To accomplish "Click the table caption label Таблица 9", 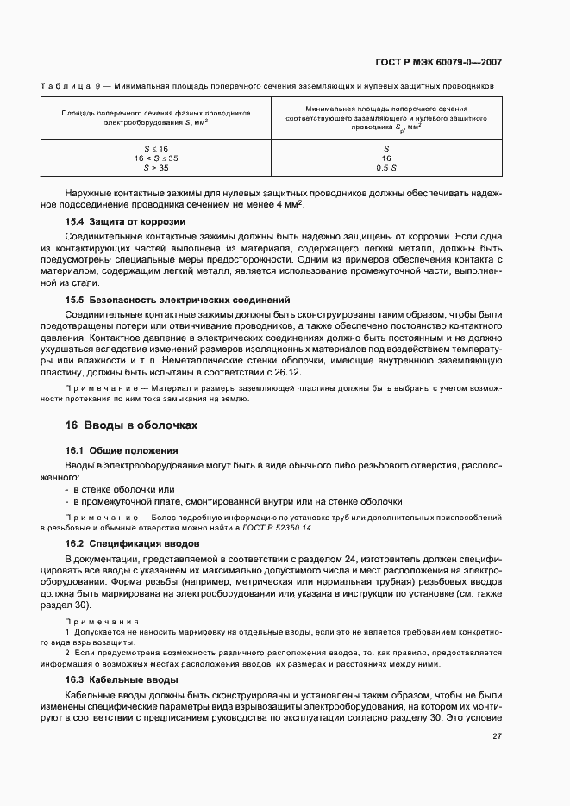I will (x=73, y=86).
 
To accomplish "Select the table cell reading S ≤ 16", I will (x=156, y=149).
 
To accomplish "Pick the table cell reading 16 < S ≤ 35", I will (x=156, y=158).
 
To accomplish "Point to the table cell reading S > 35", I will (x=156, y=168).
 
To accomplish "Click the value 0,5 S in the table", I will (x=386, y=168).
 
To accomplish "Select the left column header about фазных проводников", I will (x=156, y=118).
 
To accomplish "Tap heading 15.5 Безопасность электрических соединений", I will (x=179, y=300).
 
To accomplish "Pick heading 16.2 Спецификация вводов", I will (x=133, y=543).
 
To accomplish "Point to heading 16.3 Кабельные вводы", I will (x=122, y=679).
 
